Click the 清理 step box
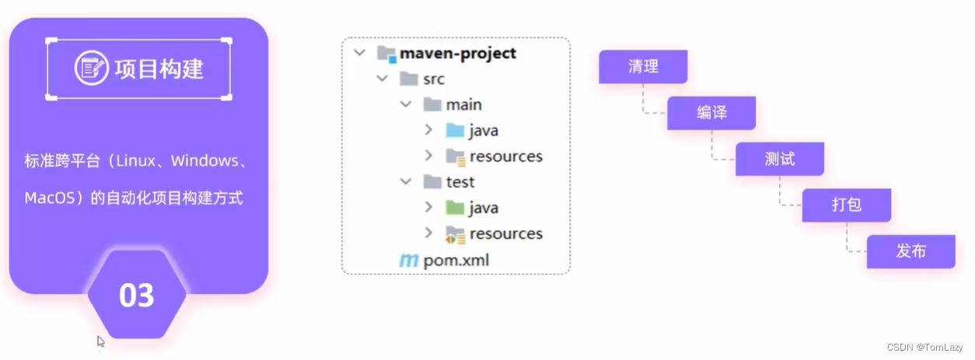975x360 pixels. coord(643,67)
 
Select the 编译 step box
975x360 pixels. coord(711,113)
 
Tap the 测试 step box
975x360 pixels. coord(780,159)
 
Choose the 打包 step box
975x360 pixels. coord(847,205)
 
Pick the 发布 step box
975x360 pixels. coord(910,251)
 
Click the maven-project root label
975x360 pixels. coord(457,53)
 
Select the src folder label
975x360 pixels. coord(434,79)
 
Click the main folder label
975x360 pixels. coord(463,104)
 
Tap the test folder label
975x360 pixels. coord(460,182)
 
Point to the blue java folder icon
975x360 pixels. coord(455,130)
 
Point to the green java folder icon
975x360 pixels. coord(455,208)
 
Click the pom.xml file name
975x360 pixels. coord(456,260)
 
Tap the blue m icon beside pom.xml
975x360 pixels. coord(408,260)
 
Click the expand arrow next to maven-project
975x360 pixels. coord(358,53)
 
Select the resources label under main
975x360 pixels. coord(505,156)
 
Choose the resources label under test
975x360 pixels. coord(505,233)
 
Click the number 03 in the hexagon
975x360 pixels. coord(137,295)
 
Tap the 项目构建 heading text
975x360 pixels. coord(159,68)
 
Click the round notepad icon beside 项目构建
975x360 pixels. coord(91,68)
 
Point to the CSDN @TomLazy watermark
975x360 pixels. coord(924,348)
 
